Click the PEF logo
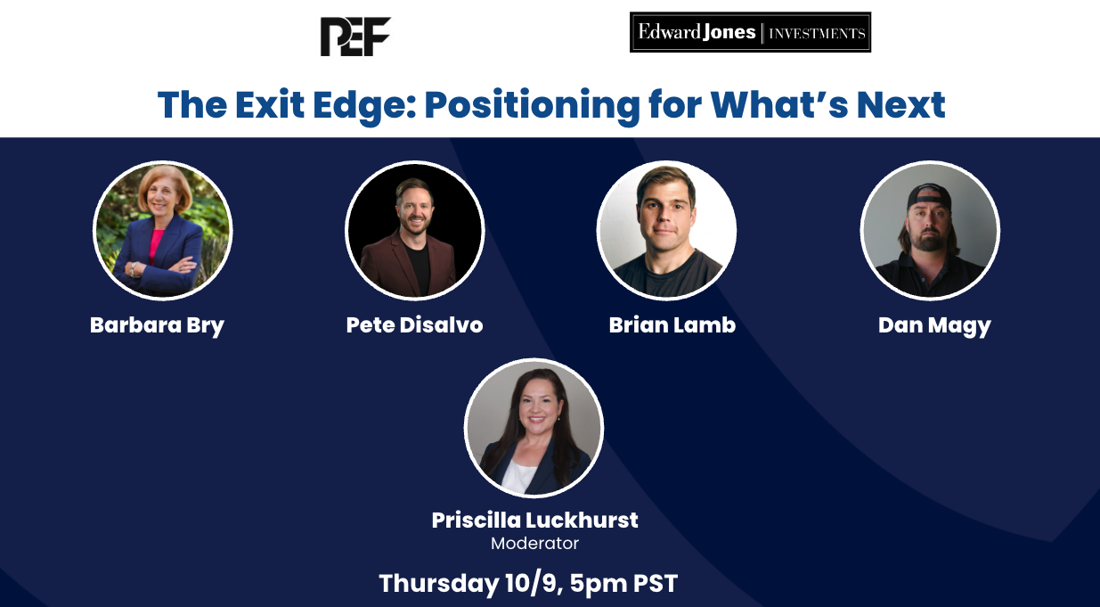click(355, 37)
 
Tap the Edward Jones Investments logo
click(750, 32)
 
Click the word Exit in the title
click(270, 104)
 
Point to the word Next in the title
click(900, 104)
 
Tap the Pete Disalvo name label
click(414, 324)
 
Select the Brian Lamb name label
click(672, 324)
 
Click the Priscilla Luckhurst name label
click(534, 520)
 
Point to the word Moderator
click(534, 543)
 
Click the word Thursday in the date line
click(439, 584)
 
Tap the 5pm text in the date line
click(599, 585)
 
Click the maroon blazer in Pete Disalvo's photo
click(388, 266)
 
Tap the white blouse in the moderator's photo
click(518, 476)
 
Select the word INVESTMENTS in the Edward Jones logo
click(817, 33)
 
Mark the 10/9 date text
click(534, 584)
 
